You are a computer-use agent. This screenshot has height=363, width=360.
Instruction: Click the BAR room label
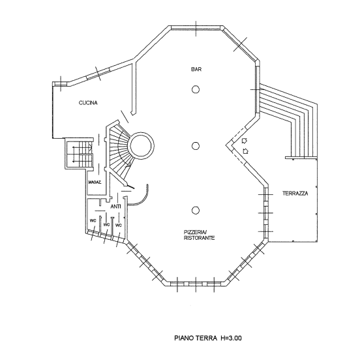(196, 69)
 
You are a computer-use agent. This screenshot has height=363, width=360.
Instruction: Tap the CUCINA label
(88, 103)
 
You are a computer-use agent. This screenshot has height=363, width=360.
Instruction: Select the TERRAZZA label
(295, 194)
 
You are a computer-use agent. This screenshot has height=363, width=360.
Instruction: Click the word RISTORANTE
(199, 238)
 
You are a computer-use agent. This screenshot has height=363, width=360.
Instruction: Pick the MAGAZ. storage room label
(95, 182)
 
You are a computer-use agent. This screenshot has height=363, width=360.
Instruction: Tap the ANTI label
(115, 207)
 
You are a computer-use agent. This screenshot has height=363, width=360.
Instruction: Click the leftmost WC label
(93, 221)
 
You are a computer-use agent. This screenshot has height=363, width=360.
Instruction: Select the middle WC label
(106, 225)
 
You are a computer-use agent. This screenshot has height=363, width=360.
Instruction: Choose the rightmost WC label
(119, 225)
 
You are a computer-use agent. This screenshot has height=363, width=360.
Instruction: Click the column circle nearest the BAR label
(196, 89)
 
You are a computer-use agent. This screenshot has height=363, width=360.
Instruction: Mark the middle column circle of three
(196, 146)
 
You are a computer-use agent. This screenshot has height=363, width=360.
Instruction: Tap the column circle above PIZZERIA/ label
(196, 211)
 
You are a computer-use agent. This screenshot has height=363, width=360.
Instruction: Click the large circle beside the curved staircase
(141, 133)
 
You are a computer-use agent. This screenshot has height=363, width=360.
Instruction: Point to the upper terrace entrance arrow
(245, 141)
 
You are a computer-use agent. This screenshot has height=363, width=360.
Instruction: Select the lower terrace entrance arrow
(246, 151)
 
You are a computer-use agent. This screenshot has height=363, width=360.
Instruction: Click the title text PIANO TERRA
(196, 338)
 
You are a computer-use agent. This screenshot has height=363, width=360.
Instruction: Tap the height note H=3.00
(232, 338)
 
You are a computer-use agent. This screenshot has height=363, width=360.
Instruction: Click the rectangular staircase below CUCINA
(79, 154)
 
